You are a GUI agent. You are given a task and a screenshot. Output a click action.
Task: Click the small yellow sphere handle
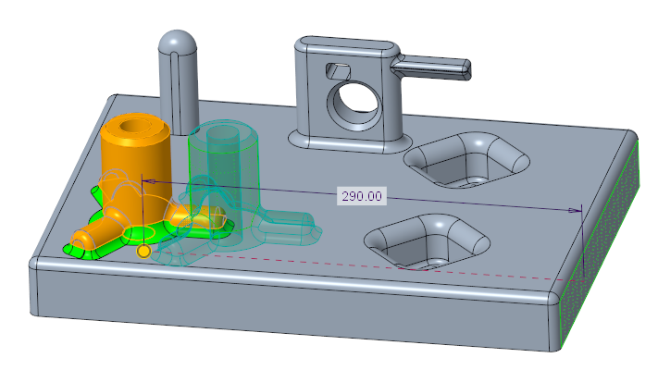[x=143, y=251]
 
